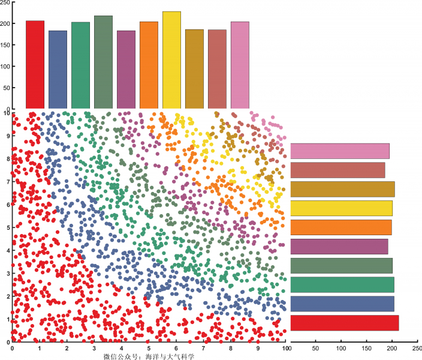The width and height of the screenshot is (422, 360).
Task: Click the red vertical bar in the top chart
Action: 35,65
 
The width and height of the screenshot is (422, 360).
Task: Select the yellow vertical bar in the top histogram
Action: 171,60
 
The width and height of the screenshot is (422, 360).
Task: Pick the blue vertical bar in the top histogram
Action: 58,70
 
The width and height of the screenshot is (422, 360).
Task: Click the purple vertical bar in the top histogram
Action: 126,70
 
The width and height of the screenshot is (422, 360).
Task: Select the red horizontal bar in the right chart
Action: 344,323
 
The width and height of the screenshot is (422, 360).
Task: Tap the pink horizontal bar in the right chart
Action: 340,151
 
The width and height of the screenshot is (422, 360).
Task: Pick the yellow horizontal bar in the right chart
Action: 341,208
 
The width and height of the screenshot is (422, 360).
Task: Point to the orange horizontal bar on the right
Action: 340,227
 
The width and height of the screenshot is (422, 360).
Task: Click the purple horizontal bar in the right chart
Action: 339,247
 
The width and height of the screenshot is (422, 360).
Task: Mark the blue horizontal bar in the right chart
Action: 342,304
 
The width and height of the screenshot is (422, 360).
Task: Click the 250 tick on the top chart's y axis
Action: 5,2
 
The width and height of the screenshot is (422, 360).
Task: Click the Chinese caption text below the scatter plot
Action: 149,356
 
